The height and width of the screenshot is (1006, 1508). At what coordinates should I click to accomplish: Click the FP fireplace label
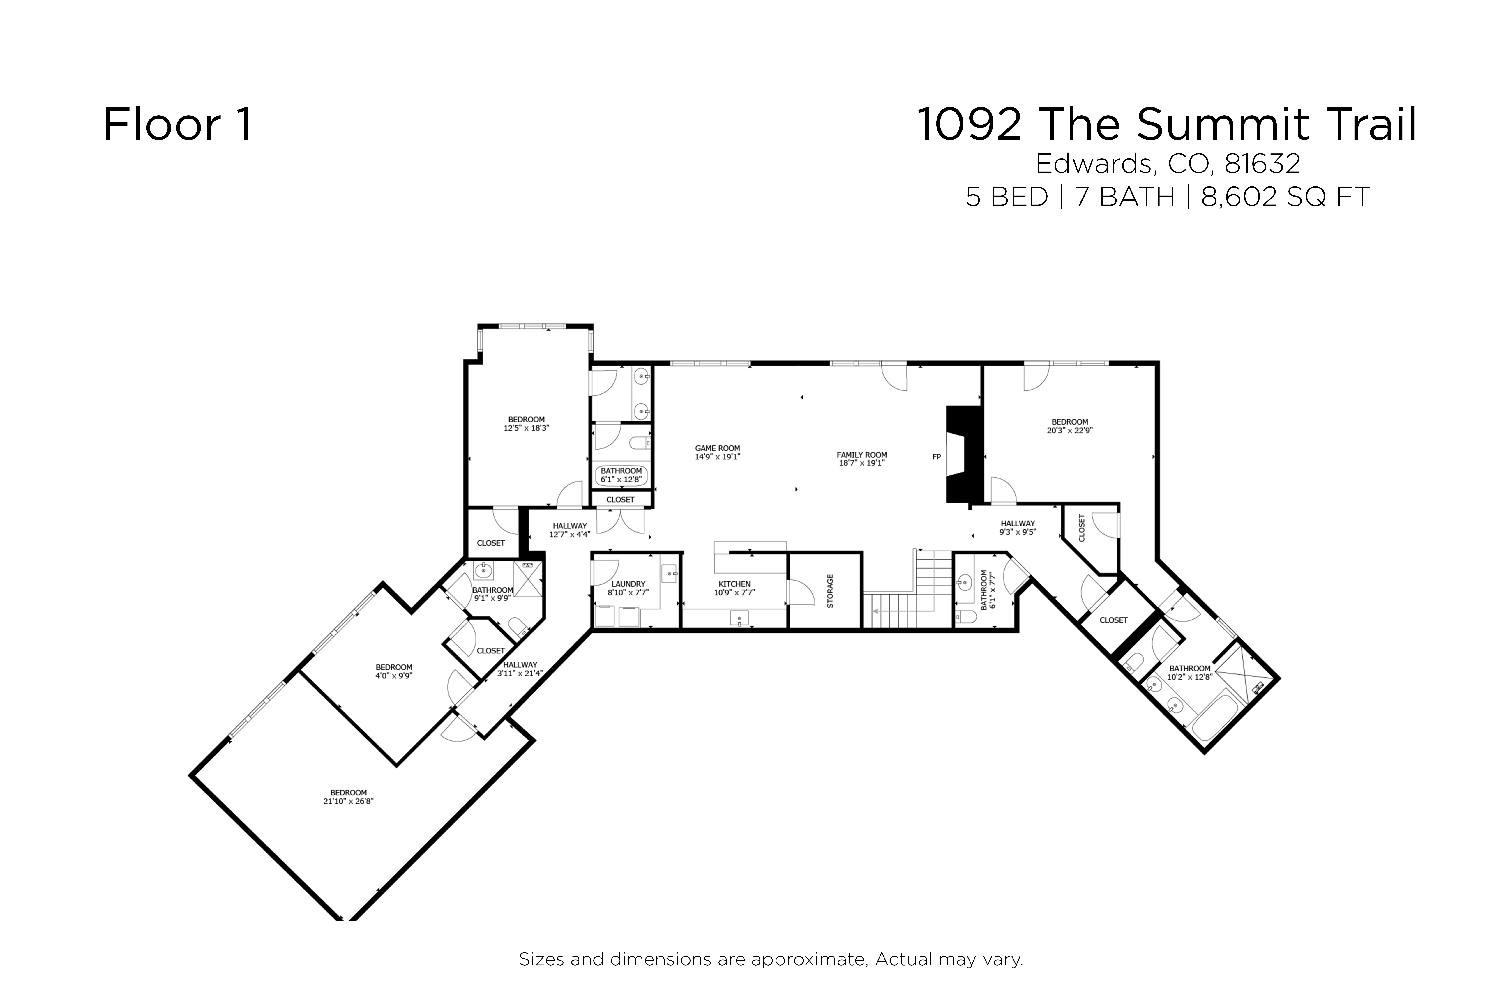[x=936, y=457]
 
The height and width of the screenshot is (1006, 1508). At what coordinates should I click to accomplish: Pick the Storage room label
[x=830, y=591]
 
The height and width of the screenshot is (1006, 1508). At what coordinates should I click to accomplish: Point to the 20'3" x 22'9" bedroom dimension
[x=1070, y=431]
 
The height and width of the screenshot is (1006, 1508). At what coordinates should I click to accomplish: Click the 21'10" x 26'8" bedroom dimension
[x=348, y=801]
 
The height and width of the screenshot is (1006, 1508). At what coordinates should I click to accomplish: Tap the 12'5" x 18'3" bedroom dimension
[x=526, y=428]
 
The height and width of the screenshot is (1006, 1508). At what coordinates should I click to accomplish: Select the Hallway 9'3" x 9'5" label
[x=1018, y=527]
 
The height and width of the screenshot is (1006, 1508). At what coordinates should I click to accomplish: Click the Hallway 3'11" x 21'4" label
[x=520, y=669]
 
